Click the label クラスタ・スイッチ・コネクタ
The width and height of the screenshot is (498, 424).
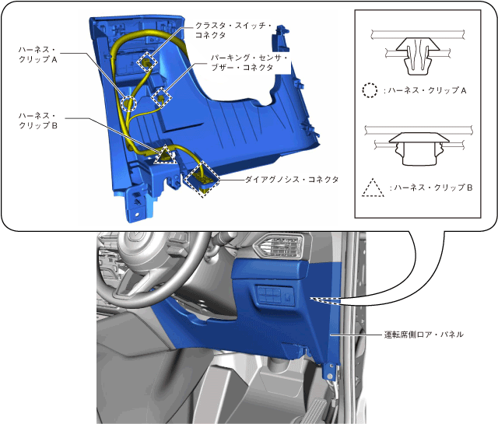pos(233,30)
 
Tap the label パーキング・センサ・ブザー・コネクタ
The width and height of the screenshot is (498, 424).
pos(249,62)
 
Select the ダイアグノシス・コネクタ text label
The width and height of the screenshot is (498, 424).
pos(292,180)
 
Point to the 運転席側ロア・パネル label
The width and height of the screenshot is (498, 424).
pos(423,335)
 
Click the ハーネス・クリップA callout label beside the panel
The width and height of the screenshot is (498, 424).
pos(38,54)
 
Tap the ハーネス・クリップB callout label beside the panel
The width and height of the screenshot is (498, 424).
pos(38,121)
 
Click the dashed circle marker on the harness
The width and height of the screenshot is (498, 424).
pos(130,103)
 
